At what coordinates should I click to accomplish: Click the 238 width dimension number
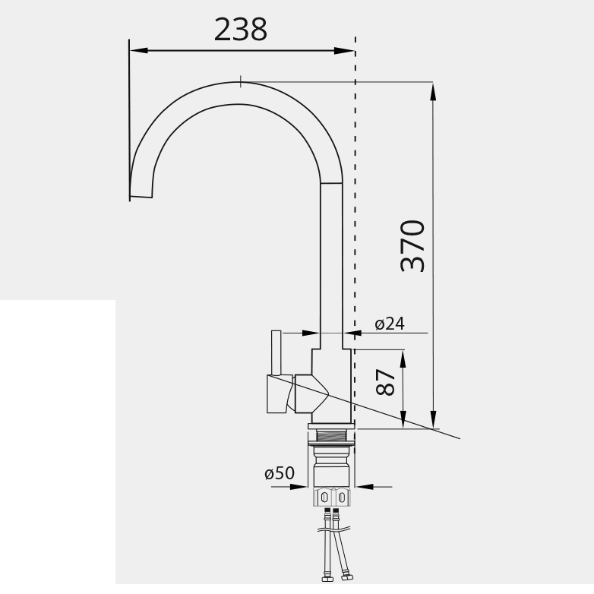[x=241, y=30]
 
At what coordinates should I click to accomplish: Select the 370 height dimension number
[x=412, y=245]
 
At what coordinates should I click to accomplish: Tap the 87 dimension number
[x=386, y=382]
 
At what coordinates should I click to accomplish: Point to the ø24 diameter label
[x=390, y=324]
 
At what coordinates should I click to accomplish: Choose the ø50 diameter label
[x=280, y=472]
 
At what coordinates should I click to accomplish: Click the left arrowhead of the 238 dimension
[x=139, y=50]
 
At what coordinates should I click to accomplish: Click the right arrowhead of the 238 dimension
[x=344, y=50]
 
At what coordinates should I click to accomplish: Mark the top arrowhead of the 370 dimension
[x=433, y=92]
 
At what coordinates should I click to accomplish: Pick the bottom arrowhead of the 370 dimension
[x=434, y=419]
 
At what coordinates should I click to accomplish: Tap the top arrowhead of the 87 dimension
[x=403, y=359]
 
